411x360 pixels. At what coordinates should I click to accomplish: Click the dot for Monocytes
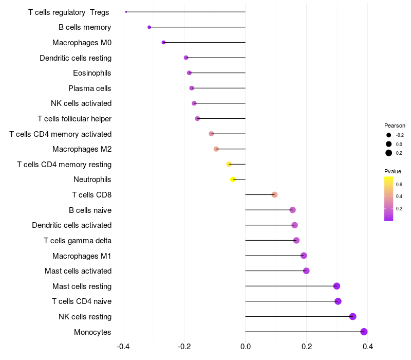[364, 332]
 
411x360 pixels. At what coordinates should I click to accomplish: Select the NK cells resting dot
[352, 316]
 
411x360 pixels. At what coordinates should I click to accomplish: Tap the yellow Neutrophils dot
[233, 179]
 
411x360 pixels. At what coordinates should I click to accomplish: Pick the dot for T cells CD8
[274, 194]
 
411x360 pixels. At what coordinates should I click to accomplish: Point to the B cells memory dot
[149, 27]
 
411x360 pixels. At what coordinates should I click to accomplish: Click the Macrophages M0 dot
[163, 42]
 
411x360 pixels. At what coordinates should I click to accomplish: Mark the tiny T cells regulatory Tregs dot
[126, 12]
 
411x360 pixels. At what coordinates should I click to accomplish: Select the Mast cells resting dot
[337, 286]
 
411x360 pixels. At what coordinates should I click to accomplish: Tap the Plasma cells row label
[90, 88]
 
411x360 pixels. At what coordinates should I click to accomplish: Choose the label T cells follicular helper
[74, 119]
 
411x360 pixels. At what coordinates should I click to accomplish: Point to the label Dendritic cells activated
[71, 225]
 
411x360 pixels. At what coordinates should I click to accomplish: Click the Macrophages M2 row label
[82, 149]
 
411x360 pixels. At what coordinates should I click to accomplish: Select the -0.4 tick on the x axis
[123, 347]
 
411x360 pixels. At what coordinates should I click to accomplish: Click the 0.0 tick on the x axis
[246, 347]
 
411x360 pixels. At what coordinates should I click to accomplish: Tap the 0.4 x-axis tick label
[368, 347]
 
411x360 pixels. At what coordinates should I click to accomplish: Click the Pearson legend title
[395, 125]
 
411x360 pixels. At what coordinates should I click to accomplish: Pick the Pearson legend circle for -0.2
[389, 135]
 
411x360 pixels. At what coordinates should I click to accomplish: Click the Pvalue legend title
[393, 171]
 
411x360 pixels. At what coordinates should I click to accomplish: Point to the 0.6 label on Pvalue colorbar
[399, 184]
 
